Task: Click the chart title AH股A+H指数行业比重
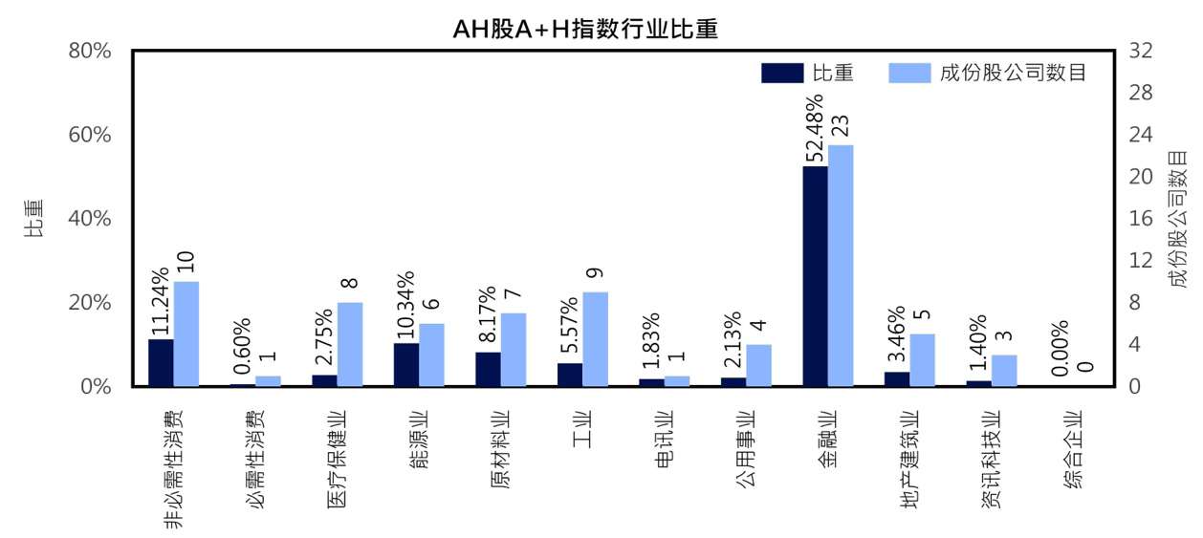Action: (x=585, y=29)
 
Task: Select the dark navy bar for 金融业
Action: (x=815, y=276)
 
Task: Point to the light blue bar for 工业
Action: (x=595, y=339)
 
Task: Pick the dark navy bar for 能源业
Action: (x=405, y=364)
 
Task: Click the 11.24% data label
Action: (x=161, y=302)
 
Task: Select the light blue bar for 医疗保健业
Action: (x=350, y=344)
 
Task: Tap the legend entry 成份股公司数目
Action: (x=991, y=74)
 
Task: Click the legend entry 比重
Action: (x=809, y=74)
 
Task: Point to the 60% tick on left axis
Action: (x=92, y=135)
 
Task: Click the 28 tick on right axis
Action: (x=1143, y=93)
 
